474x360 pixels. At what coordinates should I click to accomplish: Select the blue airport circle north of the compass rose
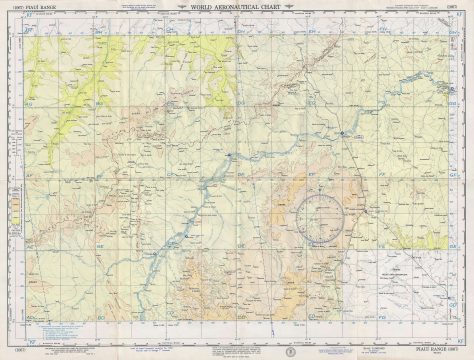coord(341,132)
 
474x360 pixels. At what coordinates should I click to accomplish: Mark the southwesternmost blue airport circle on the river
coord(186,236)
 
